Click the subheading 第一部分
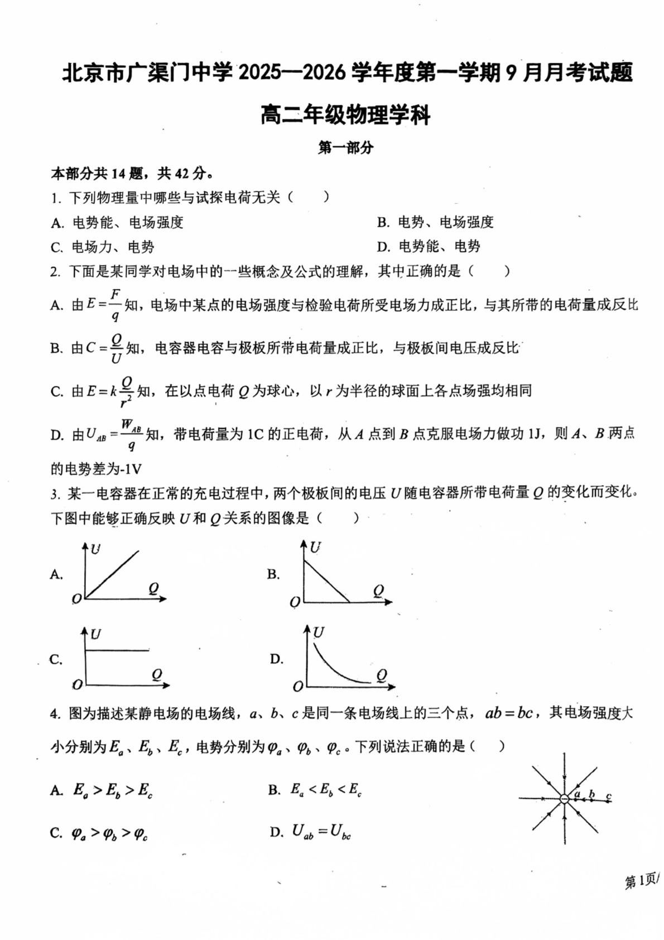point(345,148)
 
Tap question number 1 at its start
point(55,198)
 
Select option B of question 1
point(435,222)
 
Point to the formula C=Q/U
point(104,348)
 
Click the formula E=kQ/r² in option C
point(110,391)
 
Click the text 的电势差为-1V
point(96,469)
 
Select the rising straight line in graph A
point(112,575)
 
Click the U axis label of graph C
point(96,634)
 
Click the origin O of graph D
point(298,685)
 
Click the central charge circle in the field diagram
point(565,799)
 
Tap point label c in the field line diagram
point(608,796)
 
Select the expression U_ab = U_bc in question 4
point(321,832)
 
